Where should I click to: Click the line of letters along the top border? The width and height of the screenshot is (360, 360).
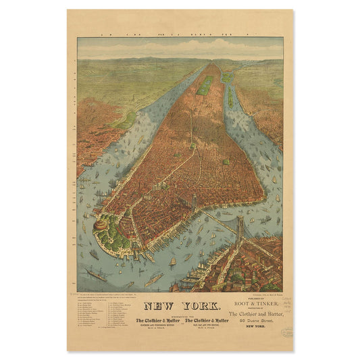[180, 32]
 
